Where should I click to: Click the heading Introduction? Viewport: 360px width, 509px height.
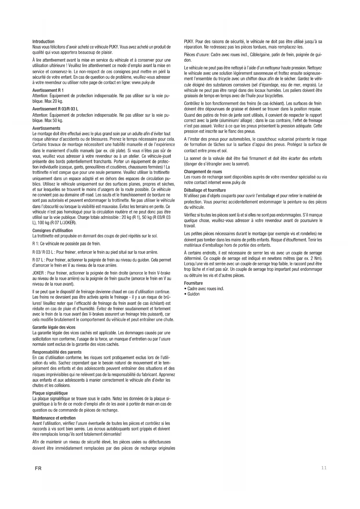[43, 41]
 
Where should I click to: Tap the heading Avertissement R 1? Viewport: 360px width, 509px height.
[48, 90]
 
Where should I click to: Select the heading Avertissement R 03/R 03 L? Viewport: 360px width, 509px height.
[55, 109]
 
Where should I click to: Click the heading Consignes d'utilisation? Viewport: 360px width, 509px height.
[53, 230]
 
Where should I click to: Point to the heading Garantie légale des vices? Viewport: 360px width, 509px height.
[54, 327]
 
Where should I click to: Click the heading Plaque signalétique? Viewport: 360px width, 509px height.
[50, 393]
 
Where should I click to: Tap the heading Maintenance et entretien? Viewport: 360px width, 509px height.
[54, 418]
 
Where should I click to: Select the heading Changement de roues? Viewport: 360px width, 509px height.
[203, 172]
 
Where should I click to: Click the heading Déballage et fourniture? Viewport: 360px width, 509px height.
[205, 190]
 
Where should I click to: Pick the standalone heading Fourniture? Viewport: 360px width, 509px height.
[193, 283]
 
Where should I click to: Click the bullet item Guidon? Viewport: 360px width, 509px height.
[193, 294]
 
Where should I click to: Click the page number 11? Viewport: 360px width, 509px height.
[324, 468]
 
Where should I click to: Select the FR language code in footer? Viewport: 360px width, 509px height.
[38, 468]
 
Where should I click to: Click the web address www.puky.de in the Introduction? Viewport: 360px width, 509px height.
[143, 82]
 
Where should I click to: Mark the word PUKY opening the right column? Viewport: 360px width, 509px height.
[189, 41]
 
